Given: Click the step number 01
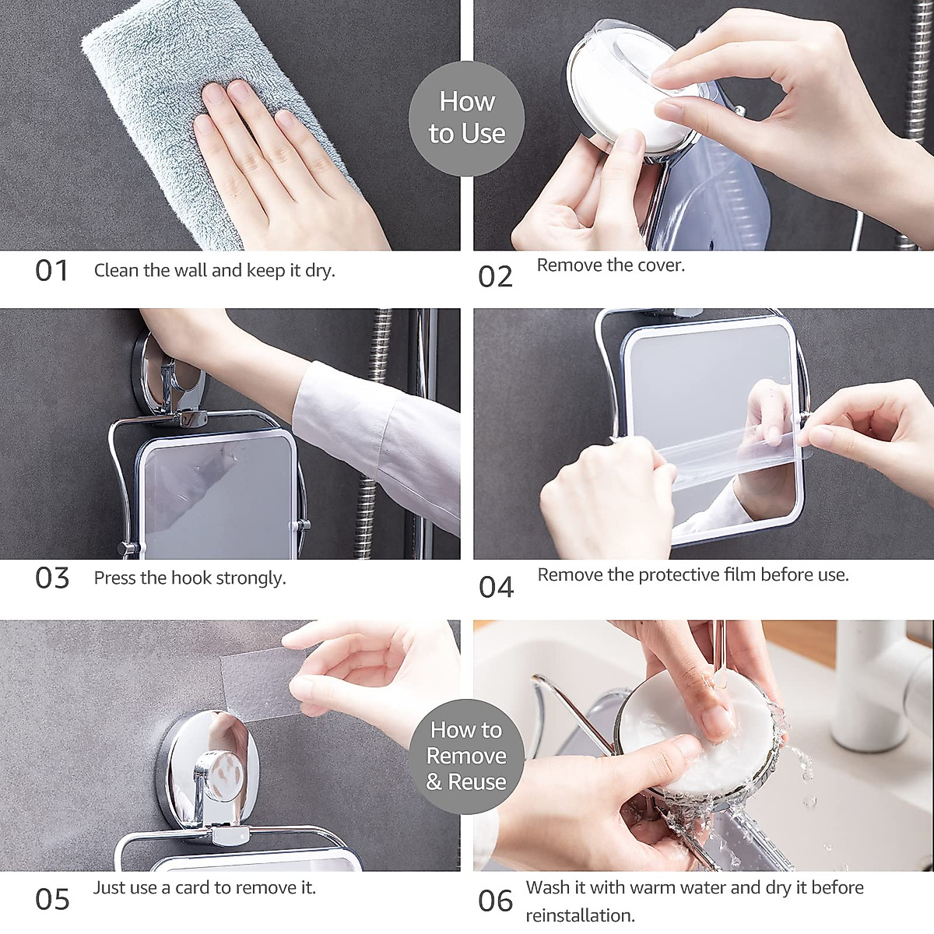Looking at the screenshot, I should (x=51, y=271).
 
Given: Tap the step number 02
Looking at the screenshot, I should (x=495, y=277).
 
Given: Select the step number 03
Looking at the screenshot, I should (x=52, y=578).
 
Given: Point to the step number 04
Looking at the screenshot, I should (x=496, y=587).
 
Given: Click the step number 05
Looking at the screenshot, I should (x=52, y=899).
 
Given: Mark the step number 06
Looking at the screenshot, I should (x=495, y=901).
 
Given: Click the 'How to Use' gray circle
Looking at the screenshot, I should (x=466, y=118).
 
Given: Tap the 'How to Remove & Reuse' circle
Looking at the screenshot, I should (x=466, y=755).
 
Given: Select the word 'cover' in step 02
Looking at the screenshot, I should (x=659, y=265).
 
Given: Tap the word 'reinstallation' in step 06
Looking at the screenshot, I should (x=580, y=915).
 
